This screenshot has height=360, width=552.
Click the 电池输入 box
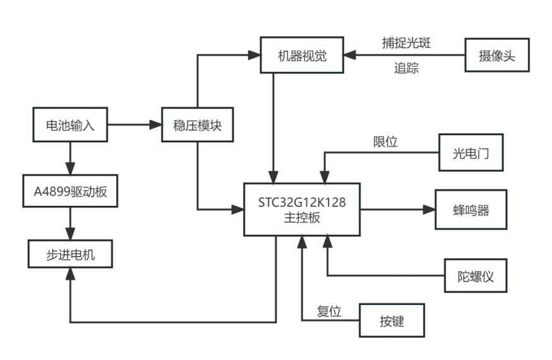pos(70,124)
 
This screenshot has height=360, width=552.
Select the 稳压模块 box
pos(197,124)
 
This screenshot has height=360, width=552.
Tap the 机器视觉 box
pos(302,56)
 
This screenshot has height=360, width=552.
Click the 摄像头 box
pos(496,56)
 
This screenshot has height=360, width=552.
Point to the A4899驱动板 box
pos(70,191)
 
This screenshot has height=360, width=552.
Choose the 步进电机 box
pos(70,254)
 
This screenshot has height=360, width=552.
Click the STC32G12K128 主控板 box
pos(301,210)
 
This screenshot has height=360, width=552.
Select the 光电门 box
pos(471,152)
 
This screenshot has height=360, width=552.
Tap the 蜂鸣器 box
pos(471,210)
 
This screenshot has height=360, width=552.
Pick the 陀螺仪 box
pos(475,275)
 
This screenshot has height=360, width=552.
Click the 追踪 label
pos(406,68)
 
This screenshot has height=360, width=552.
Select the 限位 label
pos(385,141)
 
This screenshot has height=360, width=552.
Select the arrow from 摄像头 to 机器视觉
pos(404,56)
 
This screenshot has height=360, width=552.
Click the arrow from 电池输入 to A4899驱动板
pos(70,157)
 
